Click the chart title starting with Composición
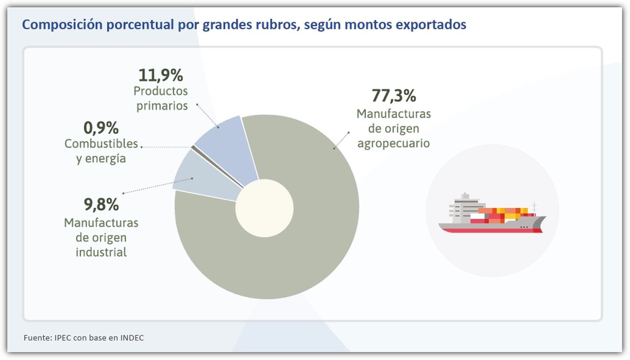pyautogui.click(x=244, y=25)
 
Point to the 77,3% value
pyautogui.click(x=394, y=96)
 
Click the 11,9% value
pyautogui.click(x=161, y=76)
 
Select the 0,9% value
pyautogui.click(x=101, y=128)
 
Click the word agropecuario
pyautogui.click(x=394, y=143)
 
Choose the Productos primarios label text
pyautogui.click(x=161, y=98)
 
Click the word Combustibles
pyautogui.click(x=101, y=143)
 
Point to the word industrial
pyautogui.click(x=101, y=252)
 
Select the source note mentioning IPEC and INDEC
pyautogui.click(x=83, y=338)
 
